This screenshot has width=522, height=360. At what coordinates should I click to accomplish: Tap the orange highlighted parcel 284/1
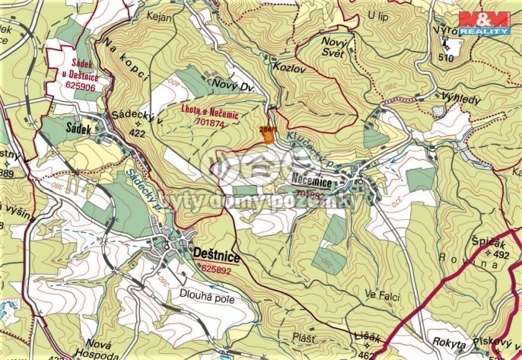pos(266,132)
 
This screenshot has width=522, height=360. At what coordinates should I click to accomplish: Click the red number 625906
pos(81,87)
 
